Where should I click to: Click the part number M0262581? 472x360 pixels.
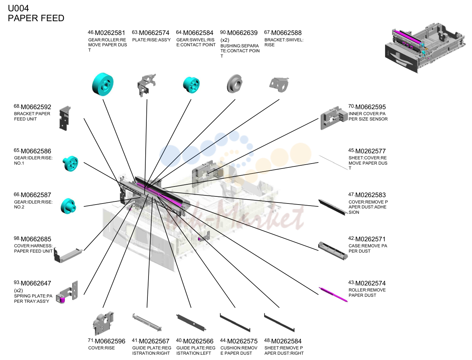110,33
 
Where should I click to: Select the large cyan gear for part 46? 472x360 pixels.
103,84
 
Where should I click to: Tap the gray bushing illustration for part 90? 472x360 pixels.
235,84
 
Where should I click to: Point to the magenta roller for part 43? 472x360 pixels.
333,295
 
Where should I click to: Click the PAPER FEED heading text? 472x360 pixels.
36,18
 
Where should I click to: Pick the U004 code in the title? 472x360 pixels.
18,8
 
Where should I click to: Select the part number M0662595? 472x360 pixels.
370,107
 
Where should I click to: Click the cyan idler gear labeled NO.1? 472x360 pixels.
70,164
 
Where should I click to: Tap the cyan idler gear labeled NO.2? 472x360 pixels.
68,206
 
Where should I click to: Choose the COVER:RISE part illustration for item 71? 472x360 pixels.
103,323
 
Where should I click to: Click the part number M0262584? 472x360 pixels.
286,341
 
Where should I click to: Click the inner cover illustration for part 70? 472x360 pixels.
334,118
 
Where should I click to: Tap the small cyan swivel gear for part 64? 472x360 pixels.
191,85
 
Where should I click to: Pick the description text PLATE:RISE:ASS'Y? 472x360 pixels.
151,40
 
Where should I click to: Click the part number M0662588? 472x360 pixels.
286,33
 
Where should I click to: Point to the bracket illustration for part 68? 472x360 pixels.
65,118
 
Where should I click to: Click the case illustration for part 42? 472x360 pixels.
333,250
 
